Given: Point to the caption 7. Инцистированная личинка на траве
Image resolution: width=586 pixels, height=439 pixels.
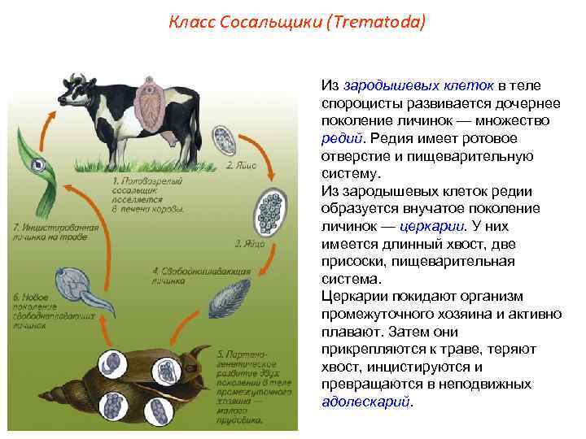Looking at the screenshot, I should pos(53,233).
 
